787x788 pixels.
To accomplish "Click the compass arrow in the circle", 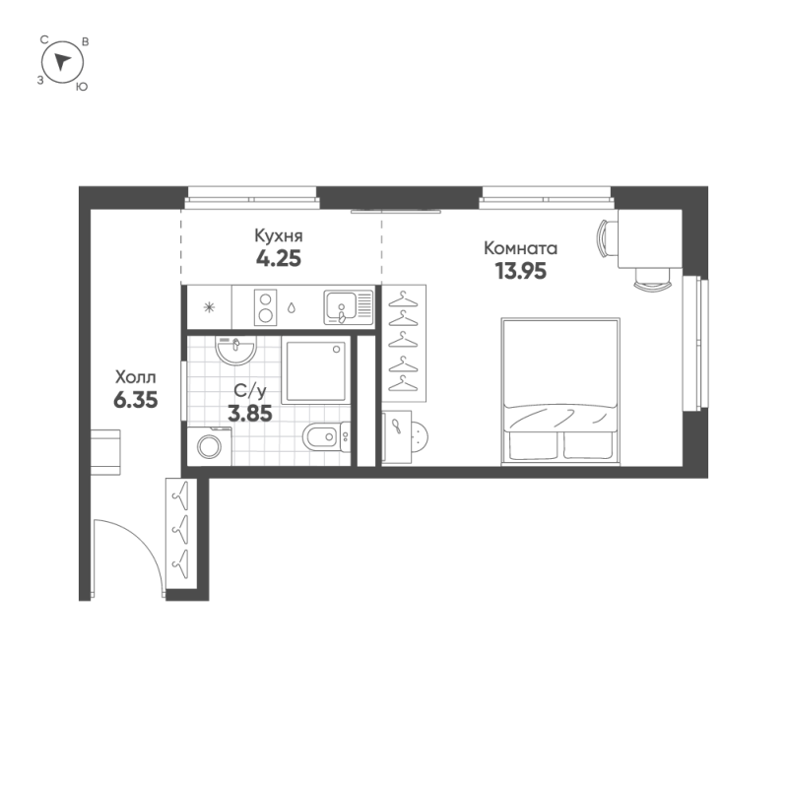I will pyautogui.click(x=63, y=62).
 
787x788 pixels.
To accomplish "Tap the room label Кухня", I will pyautogui.click(x=278, y=236).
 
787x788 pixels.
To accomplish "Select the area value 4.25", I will pyautogui.click(x=278, y=260).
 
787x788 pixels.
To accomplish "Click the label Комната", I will pyautogui.click(x=521, y=248).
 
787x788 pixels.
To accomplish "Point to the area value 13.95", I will pyautogui.click(x=521, y=271).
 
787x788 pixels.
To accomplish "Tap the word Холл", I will pyautogui.click(x=135, y=376).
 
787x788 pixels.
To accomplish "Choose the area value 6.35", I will pyautogui.click(x=135, y=400).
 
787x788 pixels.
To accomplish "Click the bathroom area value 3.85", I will pyautogui.click(x=249, y=415).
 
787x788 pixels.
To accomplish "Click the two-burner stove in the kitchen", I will pyautogui.click(x=265, y=306).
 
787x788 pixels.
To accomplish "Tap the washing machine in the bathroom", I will pyautogui.click(x=211, y=447).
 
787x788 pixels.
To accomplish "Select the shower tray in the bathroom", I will pyautogui.click(x=315, y=371).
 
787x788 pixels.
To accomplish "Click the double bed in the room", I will pyautogui.click(x=559, y=390).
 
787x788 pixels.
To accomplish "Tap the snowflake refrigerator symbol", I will pyautogui.click(x=208, y=306).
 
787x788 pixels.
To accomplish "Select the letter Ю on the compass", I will pyautogui.click(x=81, y=87).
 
